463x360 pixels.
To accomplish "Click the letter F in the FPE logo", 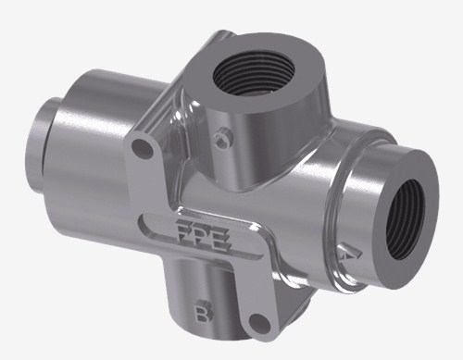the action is [184, 231].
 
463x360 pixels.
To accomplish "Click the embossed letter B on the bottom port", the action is [203, 311].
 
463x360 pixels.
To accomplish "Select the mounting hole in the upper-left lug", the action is [143, 148].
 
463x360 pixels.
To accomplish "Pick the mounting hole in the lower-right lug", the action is [259, 323].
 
